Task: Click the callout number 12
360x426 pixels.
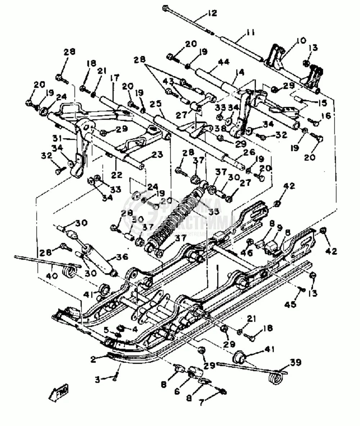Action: tap(212, 13)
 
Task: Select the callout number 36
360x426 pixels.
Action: tap(123, 257)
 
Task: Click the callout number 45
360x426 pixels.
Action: tap(291, 305)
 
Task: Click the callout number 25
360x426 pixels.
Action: tap(156, 104)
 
